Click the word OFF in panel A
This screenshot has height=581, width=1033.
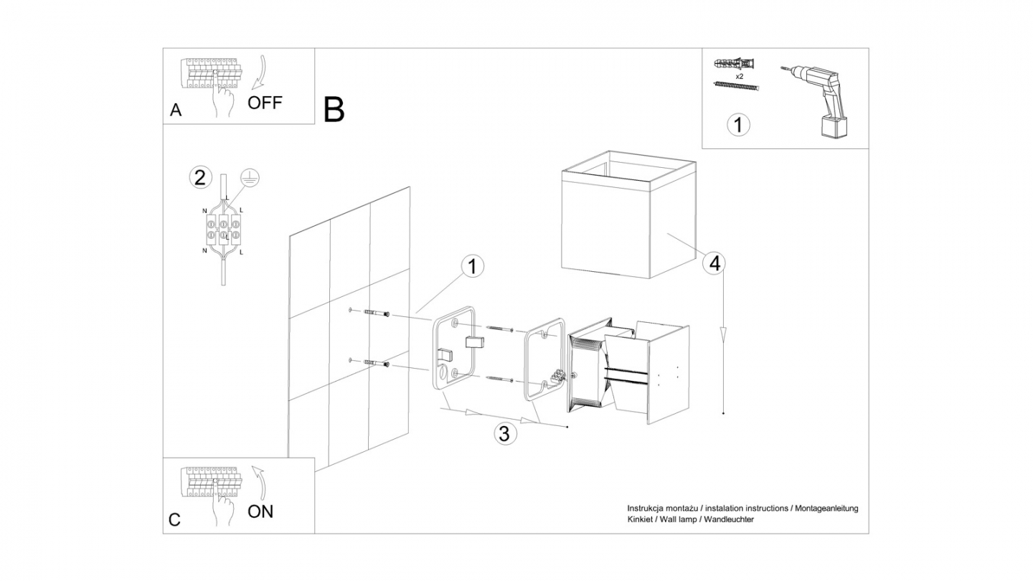(265, 102)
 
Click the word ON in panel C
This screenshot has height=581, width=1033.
(260, 511)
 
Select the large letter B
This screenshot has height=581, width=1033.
(334, 109)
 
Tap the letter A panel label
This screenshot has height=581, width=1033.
(176, 110)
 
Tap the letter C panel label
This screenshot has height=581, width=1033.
(175, 520)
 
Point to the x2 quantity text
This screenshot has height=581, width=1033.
(738, 75)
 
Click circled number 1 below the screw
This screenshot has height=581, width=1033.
(738, 125)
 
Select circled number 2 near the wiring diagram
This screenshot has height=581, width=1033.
(200, 177)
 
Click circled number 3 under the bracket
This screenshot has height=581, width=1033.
(504, 433)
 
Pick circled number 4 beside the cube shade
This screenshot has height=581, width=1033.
(714, 264)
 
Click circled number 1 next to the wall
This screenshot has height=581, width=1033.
(471, 267)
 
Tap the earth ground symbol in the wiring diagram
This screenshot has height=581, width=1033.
(248, 179)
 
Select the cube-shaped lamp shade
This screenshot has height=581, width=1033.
(628, 215)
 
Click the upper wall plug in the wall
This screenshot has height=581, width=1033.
(377, 313)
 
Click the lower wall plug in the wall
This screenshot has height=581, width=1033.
(377, 364)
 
